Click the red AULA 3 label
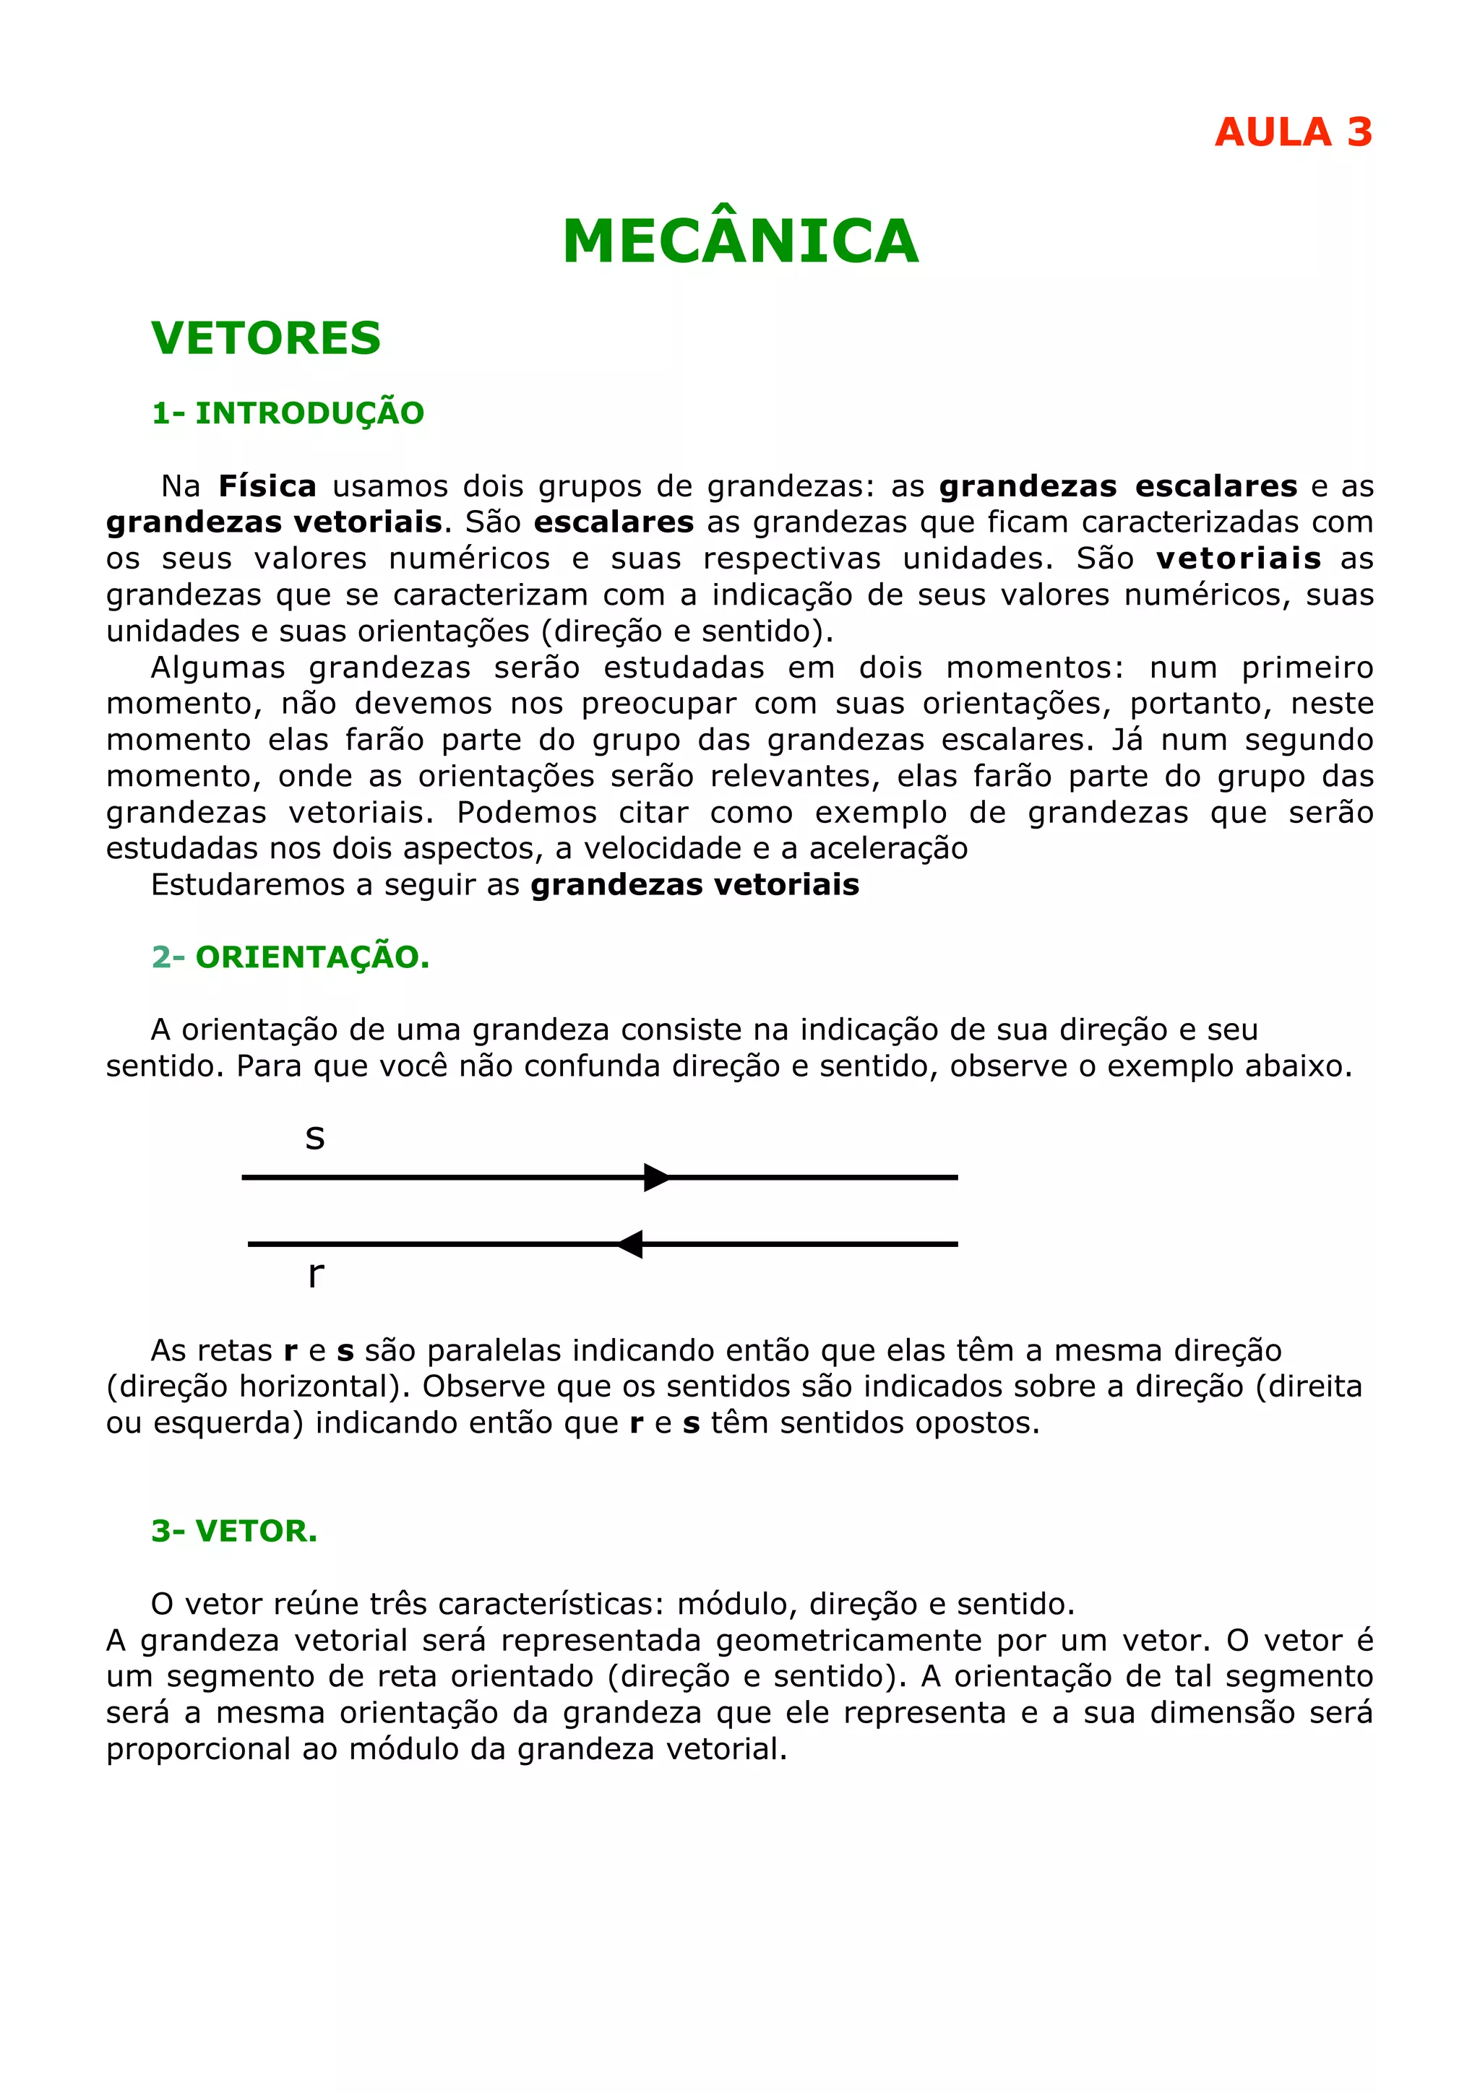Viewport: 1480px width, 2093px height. (x=1292, y=133)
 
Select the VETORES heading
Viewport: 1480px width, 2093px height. (x=265, y=338)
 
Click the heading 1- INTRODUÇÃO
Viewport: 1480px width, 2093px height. (x=287, y=413)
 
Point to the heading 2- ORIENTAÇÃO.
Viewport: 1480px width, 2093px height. (x=290, y=957)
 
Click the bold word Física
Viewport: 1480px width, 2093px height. (x=267, y=486)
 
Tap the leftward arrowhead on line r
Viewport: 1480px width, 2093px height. (x=630, y=1243)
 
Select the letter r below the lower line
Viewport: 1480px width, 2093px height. (x=316, y=1274)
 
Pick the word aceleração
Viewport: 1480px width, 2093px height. (x=888, y=849)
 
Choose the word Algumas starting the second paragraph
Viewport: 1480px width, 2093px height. (x=218, y=668)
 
